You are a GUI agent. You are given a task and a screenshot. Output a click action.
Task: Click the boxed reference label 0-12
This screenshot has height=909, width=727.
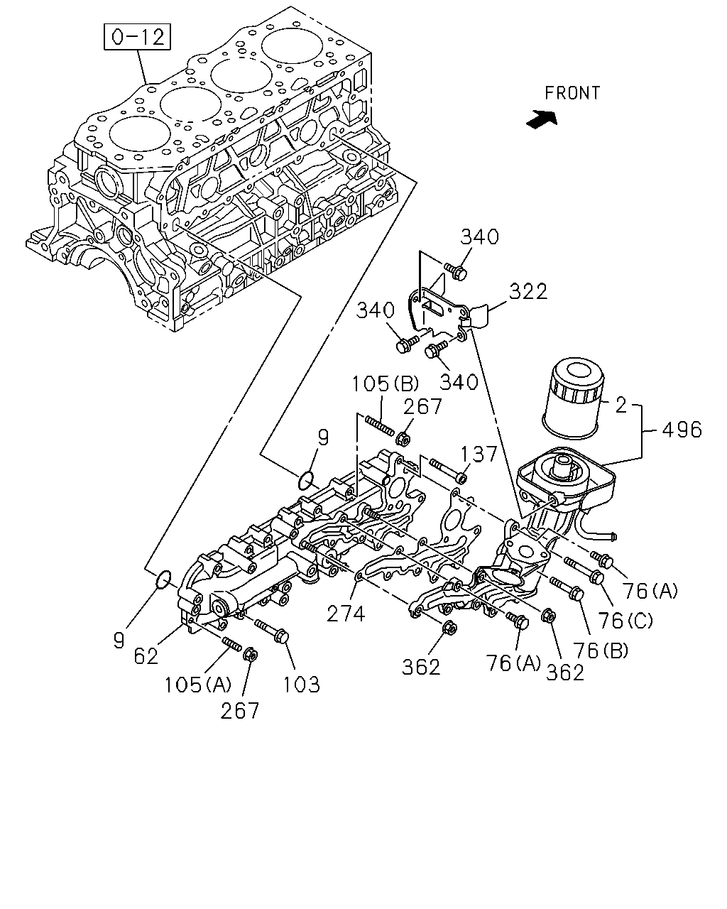137,37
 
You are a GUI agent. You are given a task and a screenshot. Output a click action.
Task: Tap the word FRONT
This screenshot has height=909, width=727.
572,93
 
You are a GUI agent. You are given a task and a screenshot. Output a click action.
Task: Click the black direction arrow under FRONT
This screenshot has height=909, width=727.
542,119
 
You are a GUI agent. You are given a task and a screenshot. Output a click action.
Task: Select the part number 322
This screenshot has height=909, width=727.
528,291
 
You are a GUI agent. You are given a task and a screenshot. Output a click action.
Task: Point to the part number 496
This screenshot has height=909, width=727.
682,430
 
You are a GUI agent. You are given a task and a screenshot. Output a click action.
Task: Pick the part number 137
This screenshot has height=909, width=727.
479,454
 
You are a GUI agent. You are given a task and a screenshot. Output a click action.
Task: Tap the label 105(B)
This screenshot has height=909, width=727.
386,384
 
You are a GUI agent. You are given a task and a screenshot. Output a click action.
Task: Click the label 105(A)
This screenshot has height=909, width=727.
197,685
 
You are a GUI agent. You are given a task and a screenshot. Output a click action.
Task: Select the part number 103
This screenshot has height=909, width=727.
301,685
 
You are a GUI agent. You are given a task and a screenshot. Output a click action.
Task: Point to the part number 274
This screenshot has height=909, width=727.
346,614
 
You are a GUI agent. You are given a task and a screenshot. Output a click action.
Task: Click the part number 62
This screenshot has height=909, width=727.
146,656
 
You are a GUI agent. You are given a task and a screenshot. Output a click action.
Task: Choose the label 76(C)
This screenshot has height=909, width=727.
625,621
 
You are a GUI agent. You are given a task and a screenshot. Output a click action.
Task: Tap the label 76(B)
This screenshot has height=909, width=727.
601,651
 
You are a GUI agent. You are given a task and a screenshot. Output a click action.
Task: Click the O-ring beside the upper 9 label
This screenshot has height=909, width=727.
306,481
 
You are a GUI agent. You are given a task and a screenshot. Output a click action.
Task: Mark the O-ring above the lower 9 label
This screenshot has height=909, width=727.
163,579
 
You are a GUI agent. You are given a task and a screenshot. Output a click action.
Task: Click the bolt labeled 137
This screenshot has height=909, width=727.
448,470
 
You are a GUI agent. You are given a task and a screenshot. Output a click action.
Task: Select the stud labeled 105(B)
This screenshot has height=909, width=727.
379,426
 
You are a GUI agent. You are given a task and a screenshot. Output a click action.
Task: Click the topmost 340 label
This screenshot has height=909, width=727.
479,236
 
